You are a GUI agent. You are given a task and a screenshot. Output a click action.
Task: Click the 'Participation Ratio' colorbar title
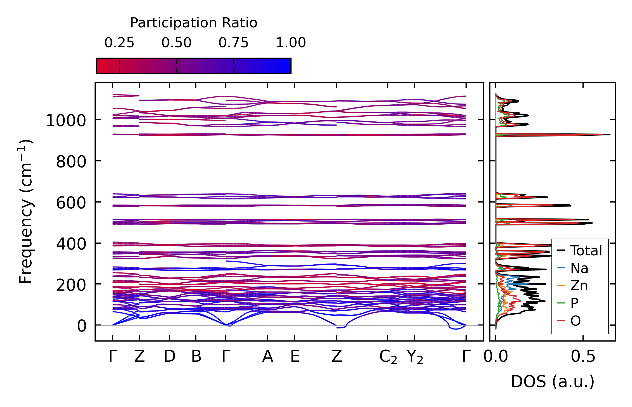coord(194,23)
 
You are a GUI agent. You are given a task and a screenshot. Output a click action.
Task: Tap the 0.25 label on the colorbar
coord(119,43)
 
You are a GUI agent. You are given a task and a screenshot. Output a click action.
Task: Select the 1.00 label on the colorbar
coord(291,43)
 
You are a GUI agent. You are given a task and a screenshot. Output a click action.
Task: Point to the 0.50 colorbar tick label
coord(177,43)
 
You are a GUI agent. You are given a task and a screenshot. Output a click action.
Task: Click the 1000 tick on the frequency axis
coord(66,121)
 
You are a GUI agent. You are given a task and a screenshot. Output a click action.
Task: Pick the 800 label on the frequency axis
coord(71,162)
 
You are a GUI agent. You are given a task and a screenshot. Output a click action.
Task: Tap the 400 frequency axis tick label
coord(71,244)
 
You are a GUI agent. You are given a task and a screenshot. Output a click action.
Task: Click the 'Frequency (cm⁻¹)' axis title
coord(26,211)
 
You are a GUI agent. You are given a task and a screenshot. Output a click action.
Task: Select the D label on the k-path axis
coord(170,357)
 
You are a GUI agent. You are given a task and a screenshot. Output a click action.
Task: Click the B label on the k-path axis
coord(196,357)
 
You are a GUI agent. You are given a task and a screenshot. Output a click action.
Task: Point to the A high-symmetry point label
coord(268,357)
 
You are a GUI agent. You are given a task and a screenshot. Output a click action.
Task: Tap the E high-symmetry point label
coord(295,357)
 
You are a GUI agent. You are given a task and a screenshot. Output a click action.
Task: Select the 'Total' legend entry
coord(586,251)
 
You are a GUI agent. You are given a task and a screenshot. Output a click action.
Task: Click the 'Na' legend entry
coord(579,268)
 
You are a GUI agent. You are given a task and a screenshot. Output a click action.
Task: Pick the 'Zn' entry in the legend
coord(579,286)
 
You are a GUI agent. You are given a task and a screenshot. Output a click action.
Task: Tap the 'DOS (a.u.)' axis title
coord(553,382)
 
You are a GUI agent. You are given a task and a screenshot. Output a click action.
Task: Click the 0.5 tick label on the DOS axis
coord(583,357)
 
